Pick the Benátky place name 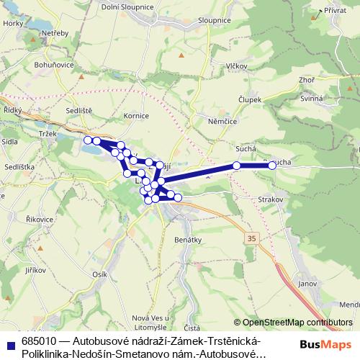tap(187, 236)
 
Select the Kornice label tap(136, 115)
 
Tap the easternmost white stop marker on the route tap(272, 166)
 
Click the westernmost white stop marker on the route tap(87, 140)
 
